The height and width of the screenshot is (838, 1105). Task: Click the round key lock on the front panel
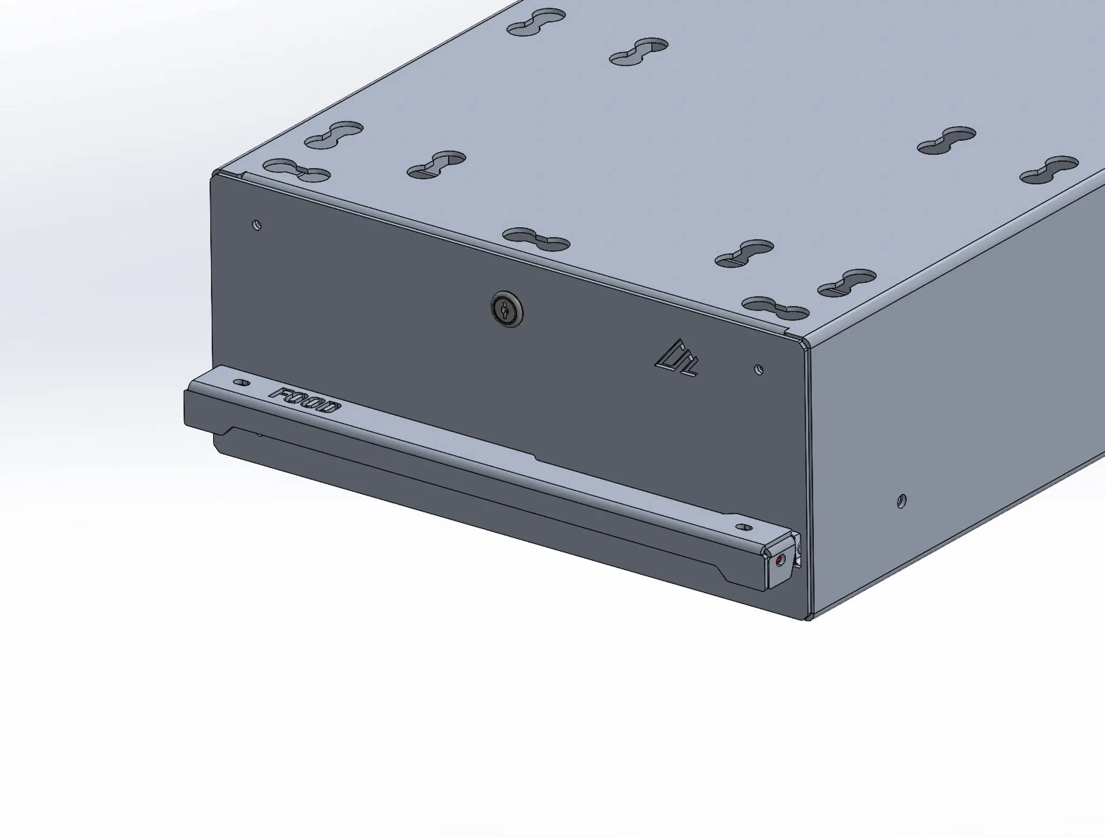(507, 309)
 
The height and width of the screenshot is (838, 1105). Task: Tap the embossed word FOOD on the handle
(306, 400)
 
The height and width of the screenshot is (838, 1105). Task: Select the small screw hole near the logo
(758, 370)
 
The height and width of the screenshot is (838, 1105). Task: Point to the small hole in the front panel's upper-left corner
(257, 225)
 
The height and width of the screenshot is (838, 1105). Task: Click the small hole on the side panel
(901, 501)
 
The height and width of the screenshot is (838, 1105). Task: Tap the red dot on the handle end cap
(778, 562)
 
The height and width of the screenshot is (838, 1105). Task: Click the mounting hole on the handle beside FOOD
(241, 383)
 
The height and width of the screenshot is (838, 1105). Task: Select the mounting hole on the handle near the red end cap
(744, 527)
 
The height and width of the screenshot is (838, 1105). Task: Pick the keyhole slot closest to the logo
(775, 307)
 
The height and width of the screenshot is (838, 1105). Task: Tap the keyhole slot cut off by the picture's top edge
(536, 22)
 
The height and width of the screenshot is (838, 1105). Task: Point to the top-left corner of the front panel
(212, 178)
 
